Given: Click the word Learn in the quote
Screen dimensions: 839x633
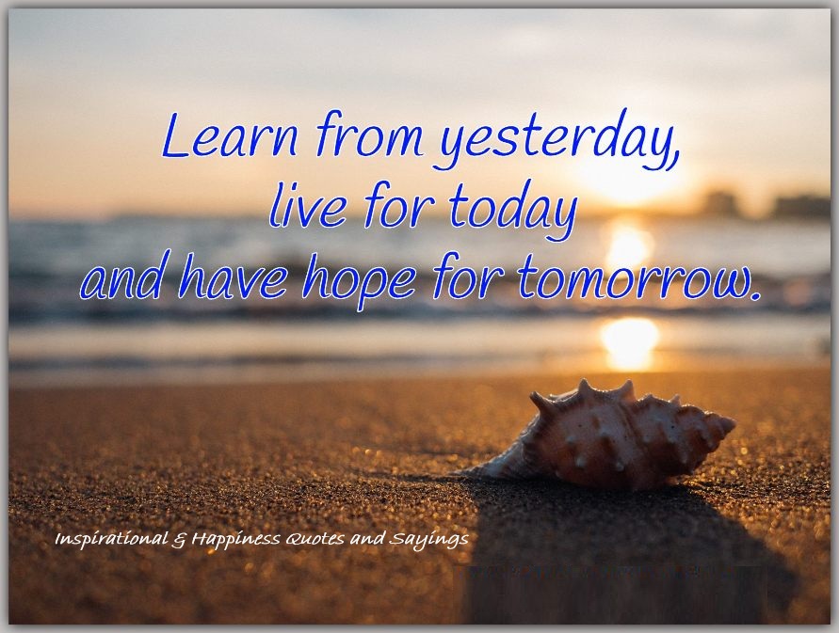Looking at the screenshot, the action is pos(230,135).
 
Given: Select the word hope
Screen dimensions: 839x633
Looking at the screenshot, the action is pos(359,280).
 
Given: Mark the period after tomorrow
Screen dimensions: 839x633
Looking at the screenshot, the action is pos(753,293).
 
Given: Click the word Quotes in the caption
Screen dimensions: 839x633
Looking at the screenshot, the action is pos(315,539).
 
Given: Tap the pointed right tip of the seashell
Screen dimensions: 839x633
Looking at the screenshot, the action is pos(734,424).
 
